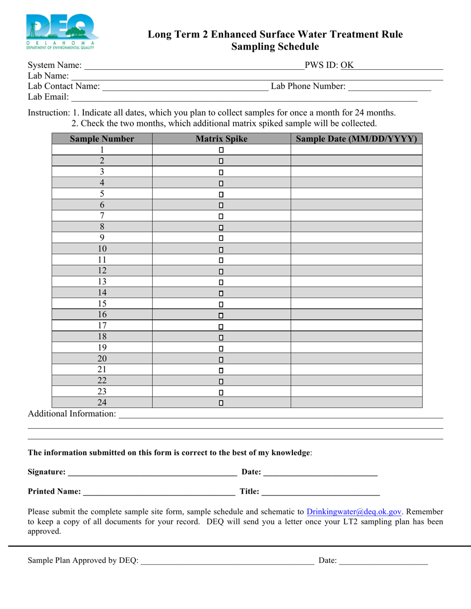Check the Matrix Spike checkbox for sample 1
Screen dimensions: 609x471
[x=221, y=150]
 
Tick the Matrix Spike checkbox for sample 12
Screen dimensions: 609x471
[x=221, y=271]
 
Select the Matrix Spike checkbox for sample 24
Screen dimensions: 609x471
[x=221, y=403]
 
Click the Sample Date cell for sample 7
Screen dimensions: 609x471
[x=356, y=216]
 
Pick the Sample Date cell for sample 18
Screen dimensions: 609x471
[x=356, y=337]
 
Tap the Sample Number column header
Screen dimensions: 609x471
[x=102, y=139]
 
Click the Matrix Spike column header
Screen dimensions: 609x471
[x=221, y=139]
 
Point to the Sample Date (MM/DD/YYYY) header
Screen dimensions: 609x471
[x=356, y=139]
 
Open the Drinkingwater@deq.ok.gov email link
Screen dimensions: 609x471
[x=354, y=512]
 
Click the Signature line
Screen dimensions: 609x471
[x=152, y=472]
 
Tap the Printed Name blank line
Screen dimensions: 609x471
[x=159, y=492]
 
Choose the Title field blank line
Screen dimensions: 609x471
[x=320, y=492]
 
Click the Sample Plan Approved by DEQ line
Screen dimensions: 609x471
[x=228, y=561]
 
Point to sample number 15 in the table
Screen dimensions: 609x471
[x=102, y=304]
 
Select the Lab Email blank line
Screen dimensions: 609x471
[x=244, y=98]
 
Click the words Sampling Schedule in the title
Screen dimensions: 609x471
[x=275, y=47]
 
